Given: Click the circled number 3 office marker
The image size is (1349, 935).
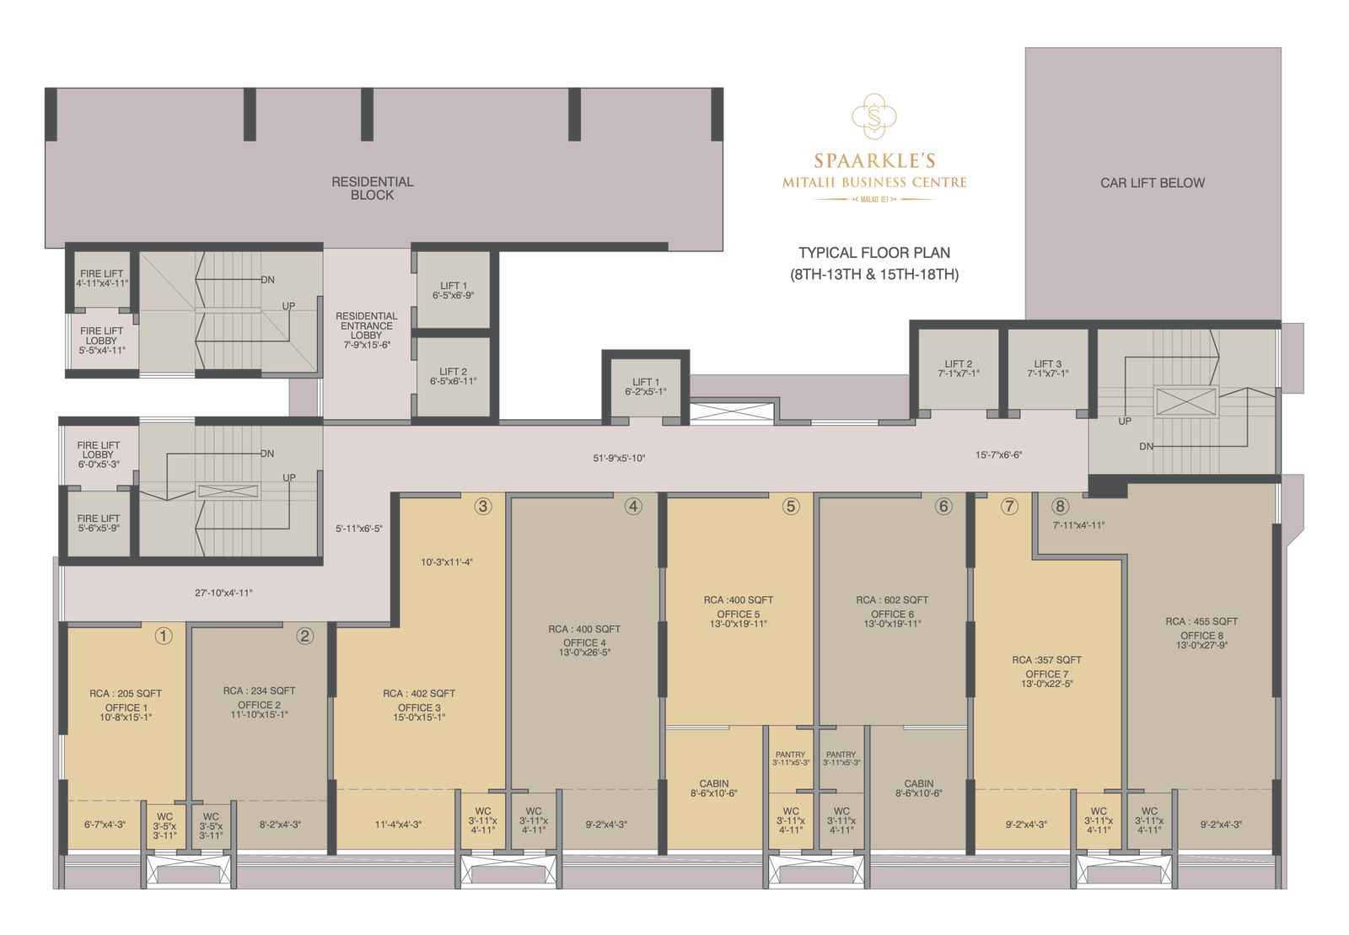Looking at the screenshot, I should (x=482, y=506).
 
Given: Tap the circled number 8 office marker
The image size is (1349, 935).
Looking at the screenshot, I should (x=1060, y=506).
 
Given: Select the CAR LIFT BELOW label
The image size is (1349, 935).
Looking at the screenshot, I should (x=1152, y=183).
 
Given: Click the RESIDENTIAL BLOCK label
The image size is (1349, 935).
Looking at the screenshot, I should (x=372, y=188).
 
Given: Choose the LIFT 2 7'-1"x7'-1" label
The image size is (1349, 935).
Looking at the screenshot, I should (x=958, y=368).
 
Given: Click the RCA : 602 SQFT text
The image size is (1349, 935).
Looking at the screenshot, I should (x=891, y=600).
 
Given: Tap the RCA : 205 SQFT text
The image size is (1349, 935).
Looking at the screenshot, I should (x=126, y=694).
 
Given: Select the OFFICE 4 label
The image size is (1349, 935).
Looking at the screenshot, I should (x=584, y=642).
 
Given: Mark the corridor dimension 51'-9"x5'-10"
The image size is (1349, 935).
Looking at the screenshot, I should (x=619, y=459).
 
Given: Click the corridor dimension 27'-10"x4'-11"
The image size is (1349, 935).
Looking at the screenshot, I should (x=223, y=594).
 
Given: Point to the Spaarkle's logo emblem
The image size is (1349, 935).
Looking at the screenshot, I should (x=874, y=116).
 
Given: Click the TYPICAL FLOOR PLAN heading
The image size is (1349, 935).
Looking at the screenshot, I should (x=874, y=253).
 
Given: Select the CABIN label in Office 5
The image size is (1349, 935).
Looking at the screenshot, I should (x=713, y=784).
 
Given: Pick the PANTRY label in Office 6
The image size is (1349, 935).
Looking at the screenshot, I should (x=841, y=755).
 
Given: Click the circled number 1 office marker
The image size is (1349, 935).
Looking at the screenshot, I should (x=164, y=636).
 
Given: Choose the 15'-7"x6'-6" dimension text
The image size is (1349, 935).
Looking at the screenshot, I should (x=998, y=455).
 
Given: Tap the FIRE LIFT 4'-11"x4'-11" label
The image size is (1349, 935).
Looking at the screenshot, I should (x=102, y=278).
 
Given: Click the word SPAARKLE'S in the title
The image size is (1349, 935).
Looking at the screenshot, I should (x=874, y=161).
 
